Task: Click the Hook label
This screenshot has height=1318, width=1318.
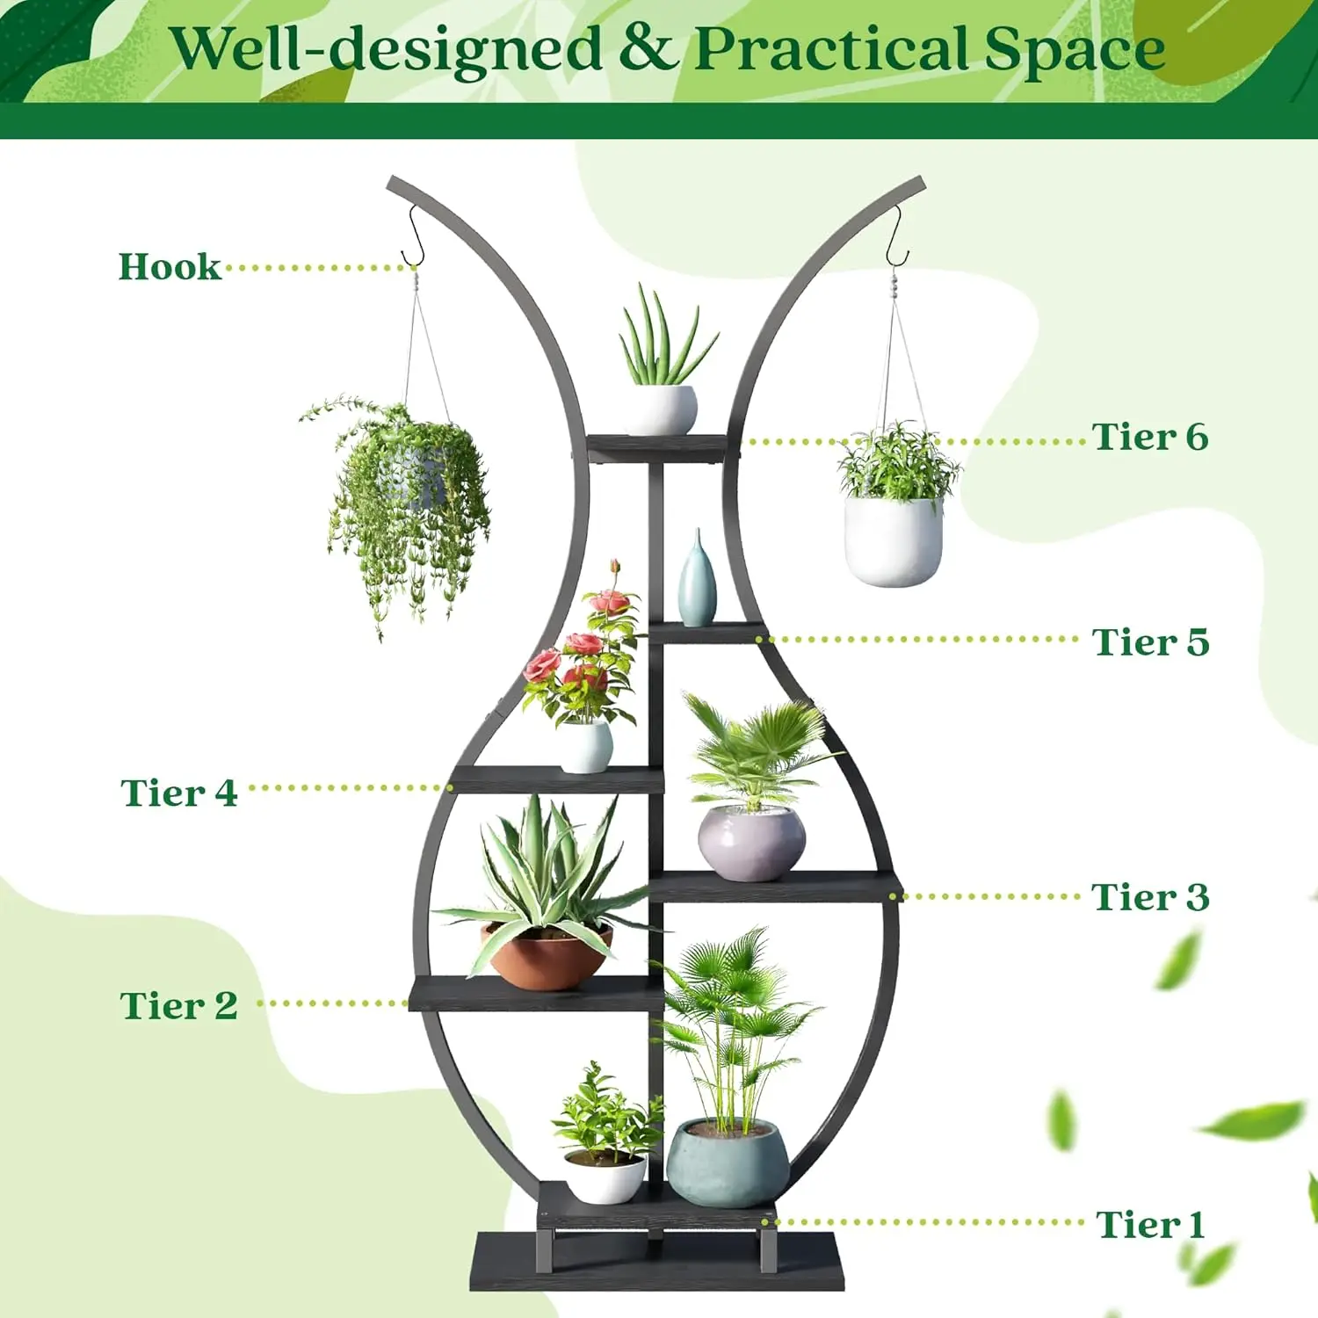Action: (x=170, y=267)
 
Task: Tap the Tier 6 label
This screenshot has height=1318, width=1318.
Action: (x=1150, y=437)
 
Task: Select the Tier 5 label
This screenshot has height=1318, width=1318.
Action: (x=1150, y=642)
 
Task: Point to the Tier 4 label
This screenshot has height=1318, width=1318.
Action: (x=179, y=793)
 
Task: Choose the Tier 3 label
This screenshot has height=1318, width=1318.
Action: (x=1150, y=897)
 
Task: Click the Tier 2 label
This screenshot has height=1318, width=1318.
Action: (x=179, y=1005)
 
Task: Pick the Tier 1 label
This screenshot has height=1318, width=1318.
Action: (x=1150, y=1224)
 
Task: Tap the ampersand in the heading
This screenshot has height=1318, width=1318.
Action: (x=648, y=49)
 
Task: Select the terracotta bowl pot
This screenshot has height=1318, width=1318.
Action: (x=547, y=956)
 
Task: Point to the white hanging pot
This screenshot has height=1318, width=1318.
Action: (x=893, y=540)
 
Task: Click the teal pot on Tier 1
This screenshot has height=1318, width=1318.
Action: (x=726, y=1162)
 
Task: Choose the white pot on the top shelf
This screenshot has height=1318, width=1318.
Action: (x=660, y=409)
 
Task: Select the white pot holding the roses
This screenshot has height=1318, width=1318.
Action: (x=585, y=747)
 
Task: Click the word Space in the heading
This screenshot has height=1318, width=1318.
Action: (x=1075, y=49)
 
